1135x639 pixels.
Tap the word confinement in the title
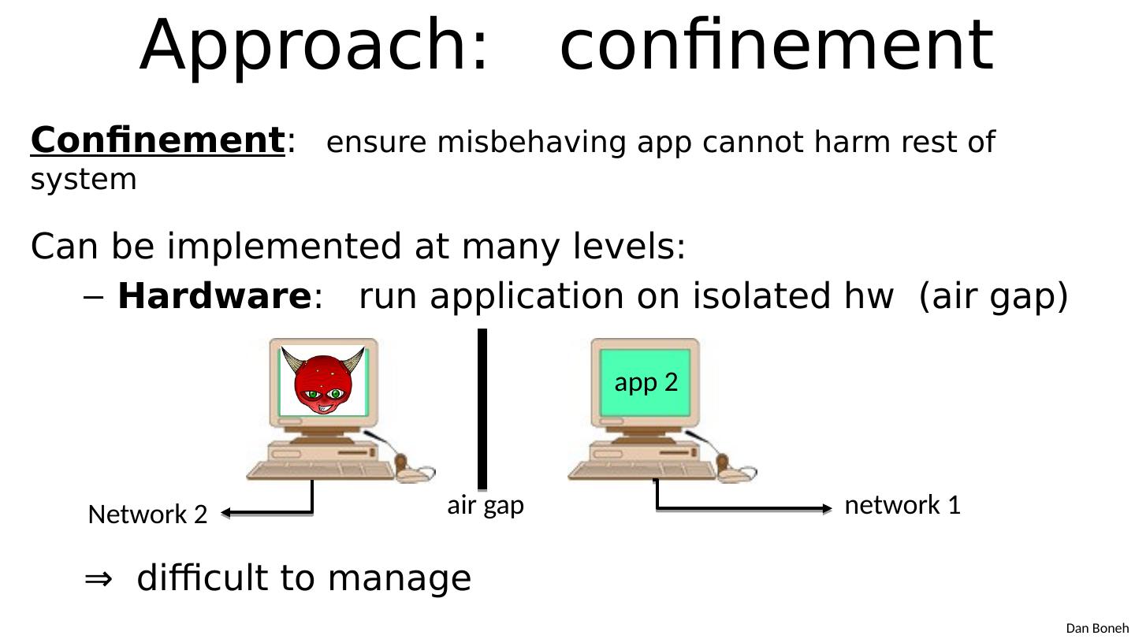click(x=776, y=46)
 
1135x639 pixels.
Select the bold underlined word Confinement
click(x=157, y=141)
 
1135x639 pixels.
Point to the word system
click(x=84, y=180)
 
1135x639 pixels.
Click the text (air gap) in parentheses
click(x=993, y=297)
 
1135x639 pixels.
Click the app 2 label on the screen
click(x=646, y=382)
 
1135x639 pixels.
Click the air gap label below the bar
click(x=486, y=505)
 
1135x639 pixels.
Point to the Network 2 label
click(x=147, y=515)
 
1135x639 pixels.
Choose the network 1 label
click(x=902, y=505)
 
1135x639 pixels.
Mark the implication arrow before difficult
click(x=98, y=579)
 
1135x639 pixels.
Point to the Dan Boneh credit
click(x=1097, y=628)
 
